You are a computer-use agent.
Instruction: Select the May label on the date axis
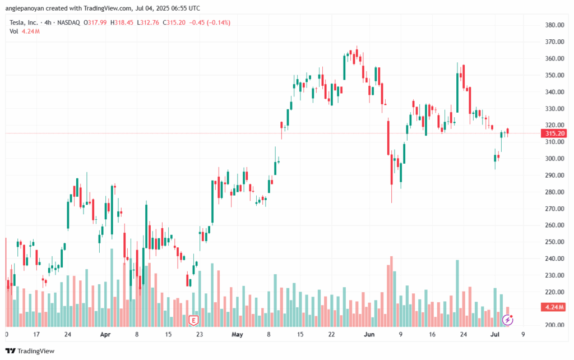pos(237,335)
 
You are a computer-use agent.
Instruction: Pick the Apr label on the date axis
pos(105,335)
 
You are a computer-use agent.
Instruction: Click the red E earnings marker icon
pos(193,320)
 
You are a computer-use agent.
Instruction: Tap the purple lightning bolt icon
pos(507,320)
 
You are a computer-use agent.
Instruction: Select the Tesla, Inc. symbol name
pos(26,22)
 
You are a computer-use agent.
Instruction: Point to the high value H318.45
pos(122,22)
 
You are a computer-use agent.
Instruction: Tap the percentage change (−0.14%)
pos(217,22)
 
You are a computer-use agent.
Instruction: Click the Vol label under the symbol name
pos(14,31)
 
